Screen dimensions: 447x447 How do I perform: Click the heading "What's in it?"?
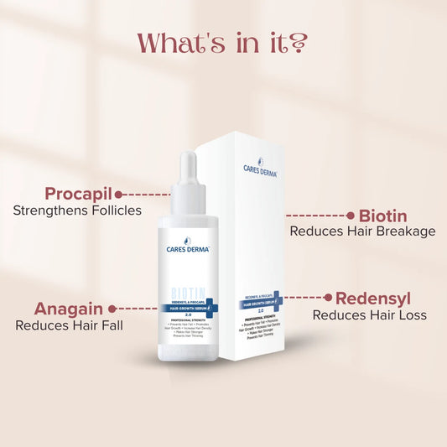tap(223, 42)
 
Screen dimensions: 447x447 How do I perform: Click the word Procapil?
tap(78, 193)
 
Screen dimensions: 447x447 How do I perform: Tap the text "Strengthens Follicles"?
tap(77, 211)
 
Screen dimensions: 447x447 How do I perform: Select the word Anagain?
tap(69, 308)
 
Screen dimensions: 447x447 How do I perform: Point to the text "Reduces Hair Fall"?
tap(70, 325)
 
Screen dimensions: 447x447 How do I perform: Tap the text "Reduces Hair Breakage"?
tap(362, 231)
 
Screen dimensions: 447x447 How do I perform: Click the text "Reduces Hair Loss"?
tap(370, 315)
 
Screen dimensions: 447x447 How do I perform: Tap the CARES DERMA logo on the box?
tap(256, 171)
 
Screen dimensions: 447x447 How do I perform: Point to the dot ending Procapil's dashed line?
tap(119, 195)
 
